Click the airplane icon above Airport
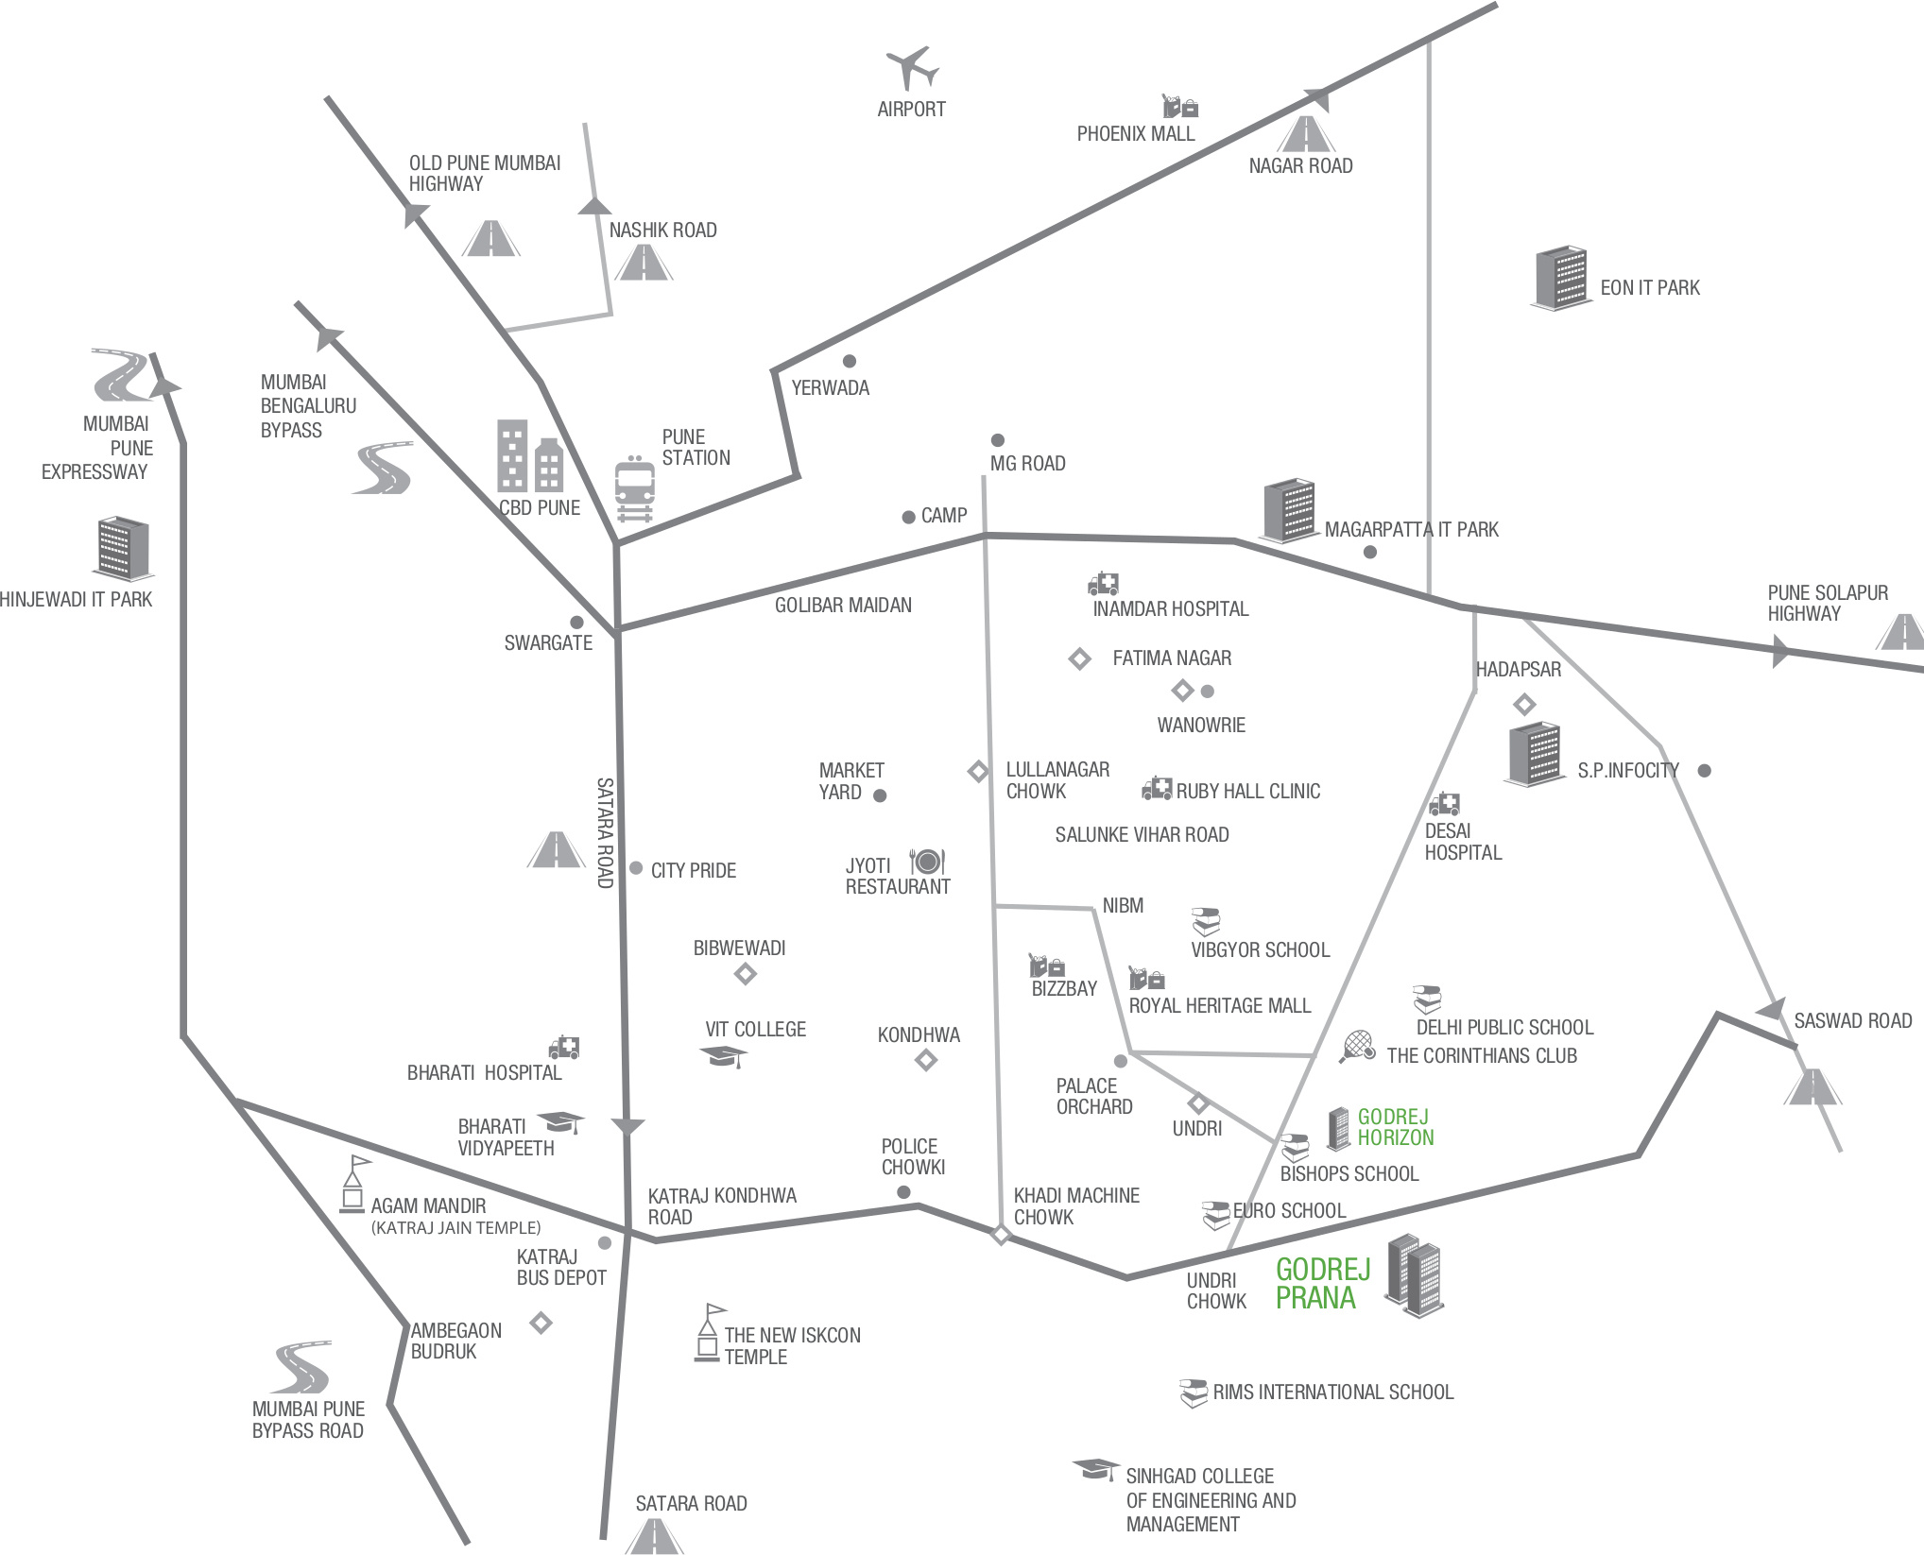click(x=912, y=68)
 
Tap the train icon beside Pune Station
click(x=634, y=487)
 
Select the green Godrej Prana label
click(x=1321, y=1284)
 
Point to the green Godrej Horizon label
click(x=1395, y=1127)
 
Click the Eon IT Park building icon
click(x=1560, y=278)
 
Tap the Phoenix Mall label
click(x=1136, y=134)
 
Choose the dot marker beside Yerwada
click(x=850, y=361)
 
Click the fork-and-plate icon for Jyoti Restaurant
click(x=926, y=861)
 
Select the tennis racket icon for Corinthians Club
click(x=1357, y=1046)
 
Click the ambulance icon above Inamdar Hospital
click(x=1103, y=583)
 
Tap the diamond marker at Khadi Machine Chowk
click(x=1001, y=1234)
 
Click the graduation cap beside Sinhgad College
click(x=1094, y=1470)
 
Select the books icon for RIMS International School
click(x=1194, y=1393)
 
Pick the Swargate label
click(x=548, y=643)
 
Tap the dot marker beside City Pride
click(x=636, y=868)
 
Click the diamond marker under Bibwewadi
click(x=746, y=974)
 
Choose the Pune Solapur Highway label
click(x=1828, y=603)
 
